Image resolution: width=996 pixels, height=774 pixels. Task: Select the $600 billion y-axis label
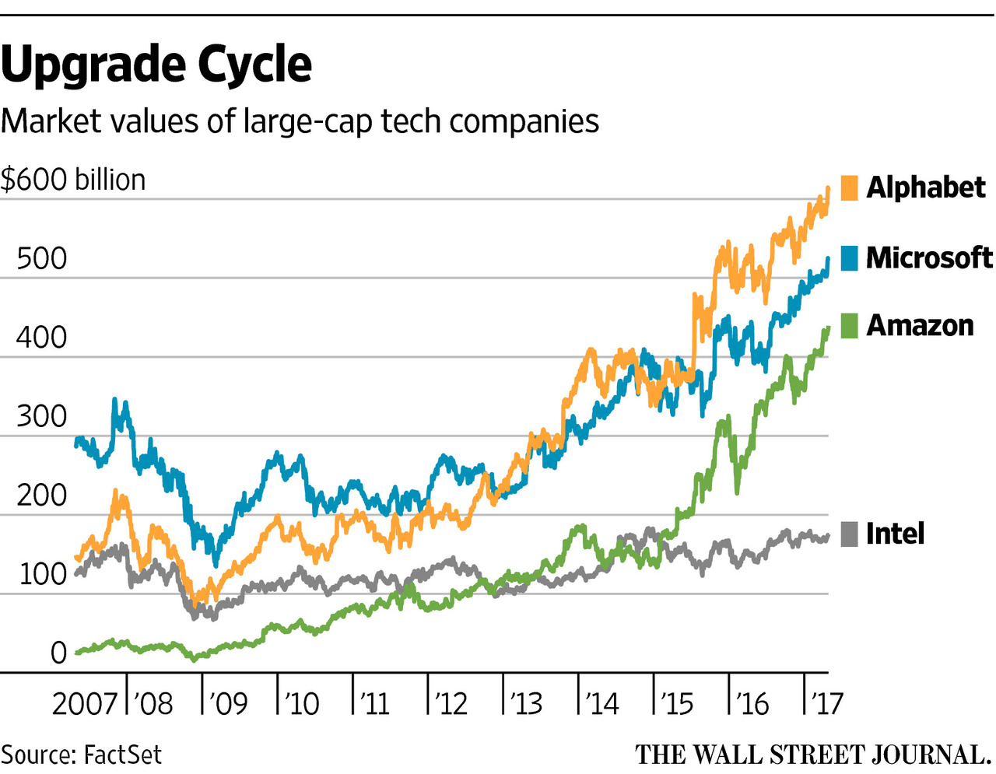(x=73, y=180)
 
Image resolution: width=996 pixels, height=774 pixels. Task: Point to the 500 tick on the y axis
(x=42, y=258)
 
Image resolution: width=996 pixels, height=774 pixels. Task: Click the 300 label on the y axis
(x=42, y=416)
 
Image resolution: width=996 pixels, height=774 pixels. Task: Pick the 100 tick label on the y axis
(x=42, y=574)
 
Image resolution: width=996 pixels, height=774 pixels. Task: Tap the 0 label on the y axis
(x=58, y=653)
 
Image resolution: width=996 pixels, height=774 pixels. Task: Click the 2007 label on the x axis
(x=84, y=703)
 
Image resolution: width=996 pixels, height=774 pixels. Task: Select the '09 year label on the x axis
(x=227, y=703)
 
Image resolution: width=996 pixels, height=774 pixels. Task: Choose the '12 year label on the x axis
(x=452, y=703)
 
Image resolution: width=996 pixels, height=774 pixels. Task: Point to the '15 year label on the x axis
(x=677, y=703)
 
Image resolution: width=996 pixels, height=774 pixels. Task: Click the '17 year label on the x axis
(x=827, y=703)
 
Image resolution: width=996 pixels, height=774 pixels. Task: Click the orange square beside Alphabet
(x=850, y=187)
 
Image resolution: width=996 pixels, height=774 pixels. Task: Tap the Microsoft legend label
(x=929, y=257)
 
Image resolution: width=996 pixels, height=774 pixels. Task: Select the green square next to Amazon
(x=850, y=325)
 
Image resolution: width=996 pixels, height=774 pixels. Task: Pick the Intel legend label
(x=895, y=534)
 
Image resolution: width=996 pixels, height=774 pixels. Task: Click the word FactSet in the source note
(x=122, y=755)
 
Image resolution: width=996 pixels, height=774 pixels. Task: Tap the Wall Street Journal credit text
(x=812, y=755)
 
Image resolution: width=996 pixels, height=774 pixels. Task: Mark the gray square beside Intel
(x=850, y=534)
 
